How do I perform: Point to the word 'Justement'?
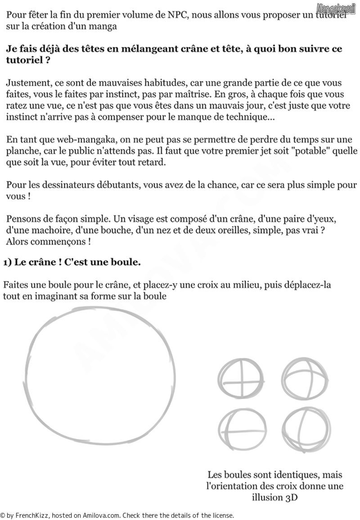26,83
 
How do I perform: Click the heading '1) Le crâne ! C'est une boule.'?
72,262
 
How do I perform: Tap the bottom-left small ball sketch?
241,430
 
